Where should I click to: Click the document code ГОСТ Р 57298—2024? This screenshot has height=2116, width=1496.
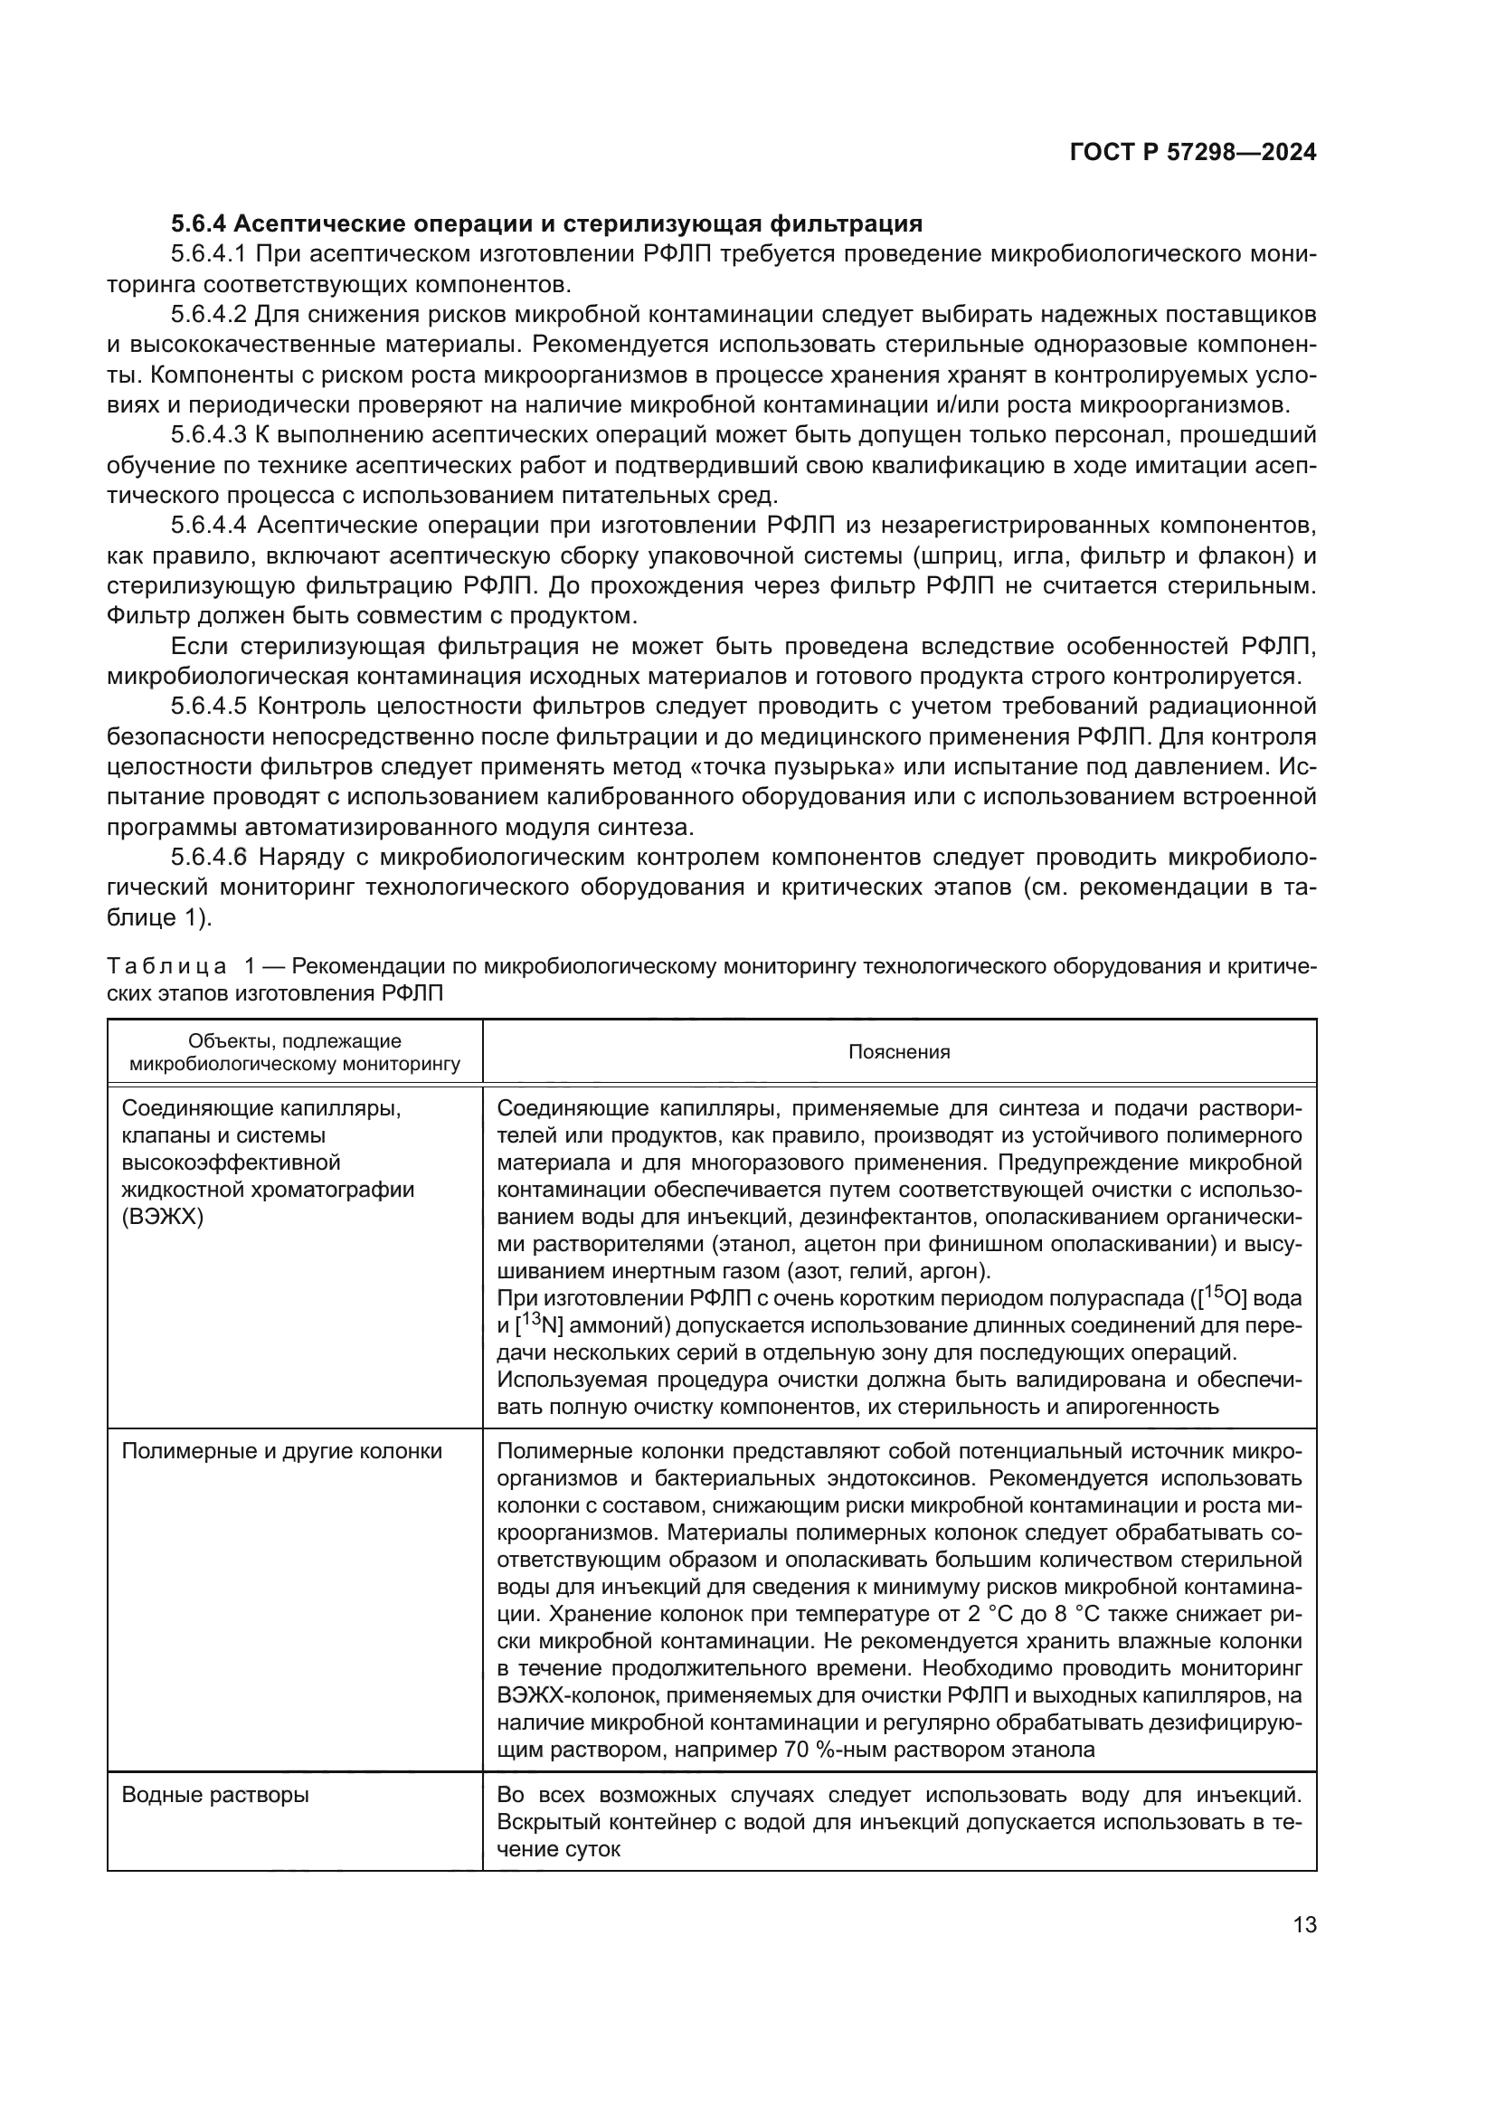tap(1193, 153)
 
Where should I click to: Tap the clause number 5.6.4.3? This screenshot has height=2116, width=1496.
tap(209, 435)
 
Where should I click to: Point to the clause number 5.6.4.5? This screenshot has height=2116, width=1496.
tap(209, 707)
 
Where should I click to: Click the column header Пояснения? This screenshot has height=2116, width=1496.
tap(898, 1051)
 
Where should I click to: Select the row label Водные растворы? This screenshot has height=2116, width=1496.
tap(215, 1794)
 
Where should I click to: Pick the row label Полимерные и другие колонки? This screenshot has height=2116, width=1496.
tap(282, 1451)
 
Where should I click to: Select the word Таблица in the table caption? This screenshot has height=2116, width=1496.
tap(166, 967)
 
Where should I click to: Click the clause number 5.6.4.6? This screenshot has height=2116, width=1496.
tap(209, 858)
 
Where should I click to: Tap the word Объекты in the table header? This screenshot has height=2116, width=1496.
tap(231, 1041)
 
